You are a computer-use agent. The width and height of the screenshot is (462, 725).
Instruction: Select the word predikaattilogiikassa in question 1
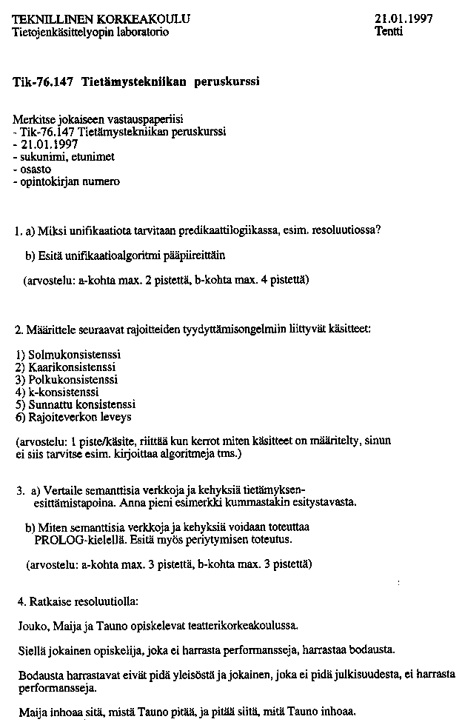(227, 230)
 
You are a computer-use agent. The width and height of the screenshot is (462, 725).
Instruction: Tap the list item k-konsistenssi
(63, 392)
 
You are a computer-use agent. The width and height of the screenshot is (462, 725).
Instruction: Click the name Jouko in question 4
(33, 626)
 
